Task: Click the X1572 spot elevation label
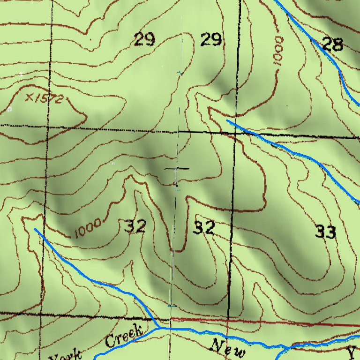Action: [45, 98]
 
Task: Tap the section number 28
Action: [333, 45]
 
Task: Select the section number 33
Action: [325, 231]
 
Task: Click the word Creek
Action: [123, 336]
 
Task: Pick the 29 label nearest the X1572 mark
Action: [144, 40]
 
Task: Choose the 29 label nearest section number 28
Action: [210, 40]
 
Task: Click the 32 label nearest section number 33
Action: [204, 228]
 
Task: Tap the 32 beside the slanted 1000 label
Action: [136, 227]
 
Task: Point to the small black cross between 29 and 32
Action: [177, 168]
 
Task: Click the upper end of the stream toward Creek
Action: [36, 229]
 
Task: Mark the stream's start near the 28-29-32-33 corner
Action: [227, 120]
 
